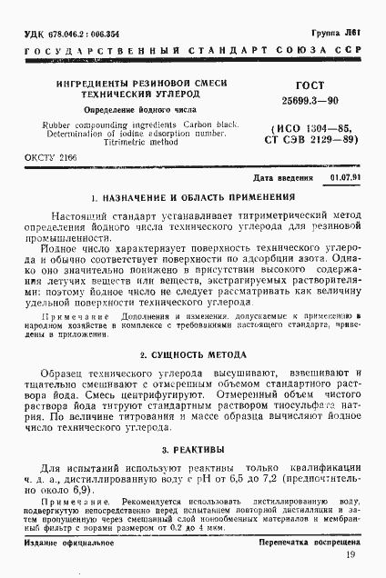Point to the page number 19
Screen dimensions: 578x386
click(350, 554)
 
